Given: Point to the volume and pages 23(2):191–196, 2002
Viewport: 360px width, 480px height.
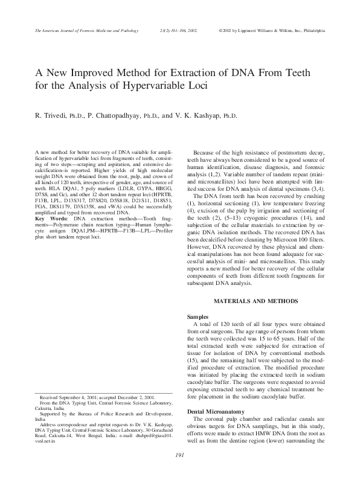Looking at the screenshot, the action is [x=178, y=29].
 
